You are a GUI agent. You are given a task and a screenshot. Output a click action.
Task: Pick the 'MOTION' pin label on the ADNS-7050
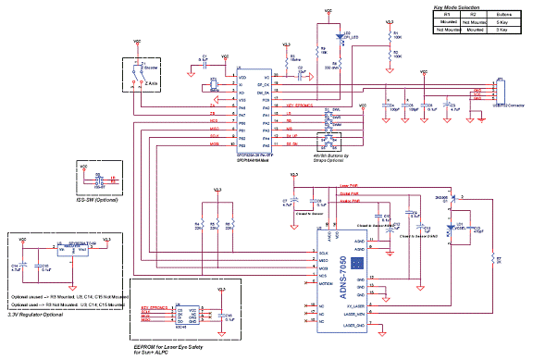click(326, 285)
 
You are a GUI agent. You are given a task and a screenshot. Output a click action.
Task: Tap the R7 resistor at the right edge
click(496, 260)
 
